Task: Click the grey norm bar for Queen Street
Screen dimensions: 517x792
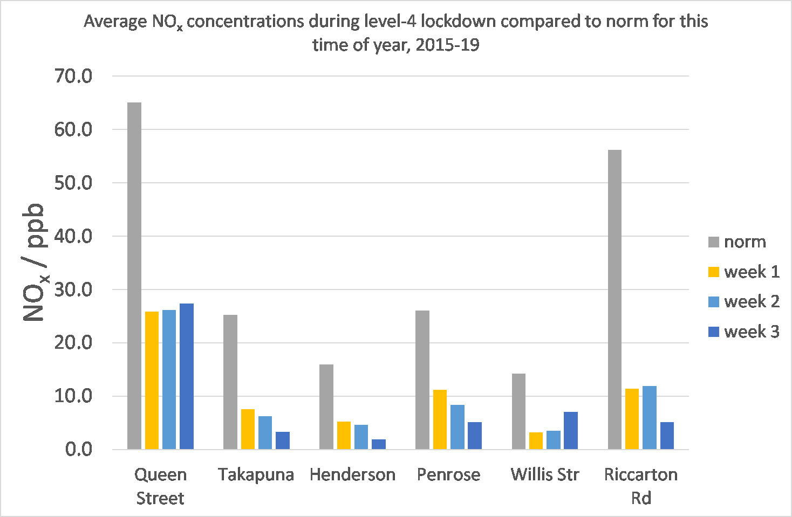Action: [134, 275]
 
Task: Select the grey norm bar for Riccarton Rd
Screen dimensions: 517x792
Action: [615, 299]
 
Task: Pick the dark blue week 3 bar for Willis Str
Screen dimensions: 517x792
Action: [571, 430]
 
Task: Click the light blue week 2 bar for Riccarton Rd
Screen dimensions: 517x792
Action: [649, 417]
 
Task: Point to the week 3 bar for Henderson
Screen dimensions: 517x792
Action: [379, 444]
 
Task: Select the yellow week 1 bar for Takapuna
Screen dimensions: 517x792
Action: [248, 429]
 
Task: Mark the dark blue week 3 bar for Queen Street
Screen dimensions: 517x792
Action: [187, 376]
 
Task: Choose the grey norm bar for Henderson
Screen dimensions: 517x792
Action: [326, 406]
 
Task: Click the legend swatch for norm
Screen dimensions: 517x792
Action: [714, 242]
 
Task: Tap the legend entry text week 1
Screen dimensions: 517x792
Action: [752, 272]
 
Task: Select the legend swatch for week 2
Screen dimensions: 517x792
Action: [714, 302]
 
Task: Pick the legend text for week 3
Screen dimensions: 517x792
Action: [752, 332]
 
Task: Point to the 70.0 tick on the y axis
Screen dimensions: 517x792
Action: [73, 76]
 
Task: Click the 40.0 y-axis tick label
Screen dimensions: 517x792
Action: [73, 236]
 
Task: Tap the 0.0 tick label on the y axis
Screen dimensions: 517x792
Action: [79, 449]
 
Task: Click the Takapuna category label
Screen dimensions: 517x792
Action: [256, 474]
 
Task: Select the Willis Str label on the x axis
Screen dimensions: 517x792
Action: [544, 474]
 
